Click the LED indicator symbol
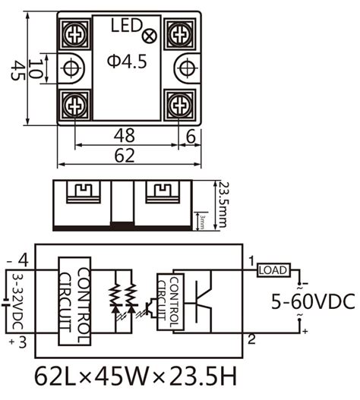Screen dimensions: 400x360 150,33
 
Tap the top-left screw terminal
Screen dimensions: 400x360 74,33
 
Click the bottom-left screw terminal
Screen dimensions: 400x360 74,103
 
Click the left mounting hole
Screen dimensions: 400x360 70,68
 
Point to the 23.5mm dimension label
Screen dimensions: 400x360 223,202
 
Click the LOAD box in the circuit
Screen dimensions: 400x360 273,269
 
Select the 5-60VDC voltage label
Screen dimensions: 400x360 313,302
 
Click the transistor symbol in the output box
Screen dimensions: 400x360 204,301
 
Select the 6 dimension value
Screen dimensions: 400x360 190,135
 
